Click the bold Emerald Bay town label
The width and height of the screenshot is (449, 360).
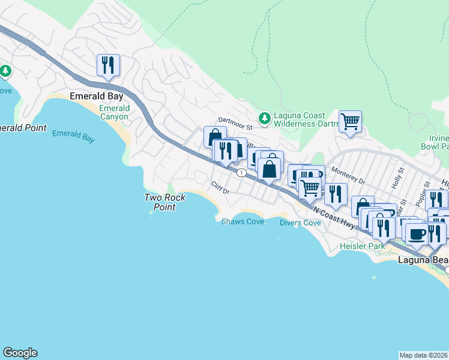coord(97,96)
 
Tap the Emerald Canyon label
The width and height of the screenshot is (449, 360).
coord(114,112)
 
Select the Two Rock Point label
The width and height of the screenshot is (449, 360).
coord(164,202)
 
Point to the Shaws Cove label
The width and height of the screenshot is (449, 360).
coord(243,221)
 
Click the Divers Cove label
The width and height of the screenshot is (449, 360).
coord(300,223)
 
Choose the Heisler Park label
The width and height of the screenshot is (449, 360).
coord(361,246)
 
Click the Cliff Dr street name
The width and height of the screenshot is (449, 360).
coord(220,188)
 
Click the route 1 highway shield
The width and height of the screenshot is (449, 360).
coord(241,173)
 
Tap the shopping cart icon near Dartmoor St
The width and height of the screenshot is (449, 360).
coord(350,121)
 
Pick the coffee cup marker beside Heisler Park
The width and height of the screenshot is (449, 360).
coord(417,233)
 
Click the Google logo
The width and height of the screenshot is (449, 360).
coord(20,353)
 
